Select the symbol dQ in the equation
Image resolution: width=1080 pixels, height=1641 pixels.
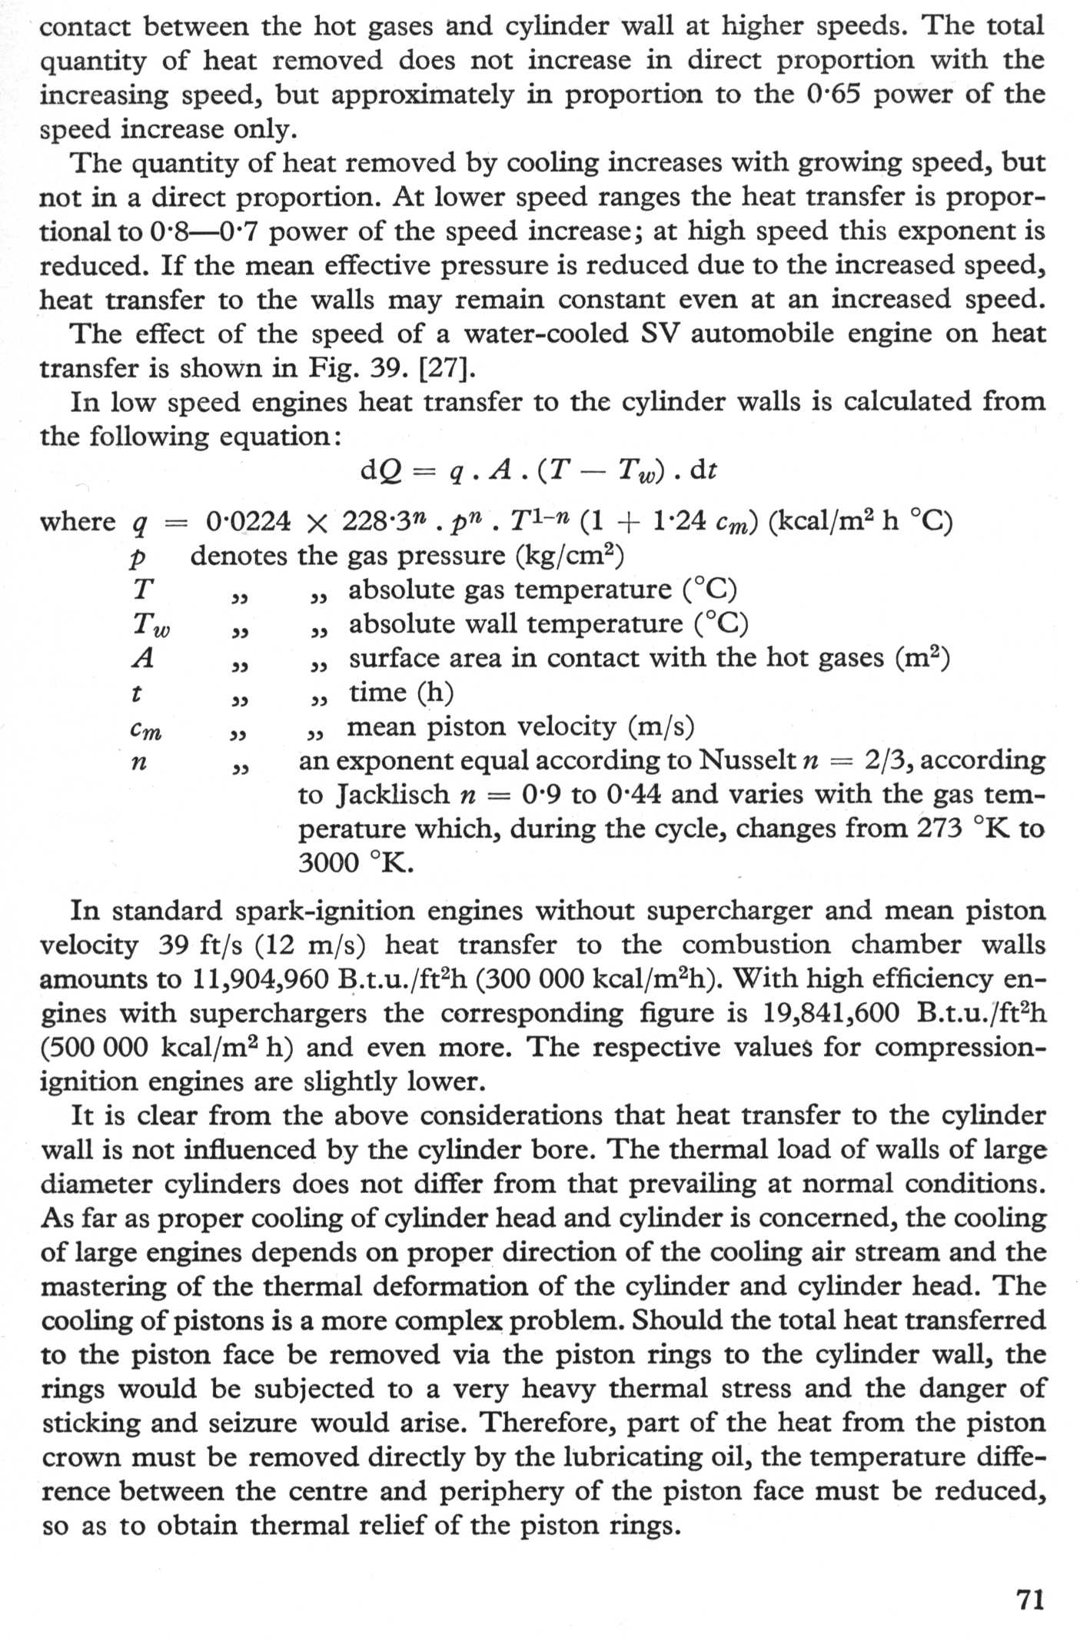pyautogui.click(x=378, y=470)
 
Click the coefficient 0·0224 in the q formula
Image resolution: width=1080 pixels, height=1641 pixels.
pyautogui.click(x=248, y=522)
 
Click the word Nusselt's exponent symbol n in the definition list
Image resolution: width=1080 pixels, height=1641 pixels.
pyautogui.click(x=139, y=762)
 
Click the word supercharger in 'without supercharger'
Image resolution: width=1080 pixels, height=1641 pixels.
pyautogui.click(x=727, y=911)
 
